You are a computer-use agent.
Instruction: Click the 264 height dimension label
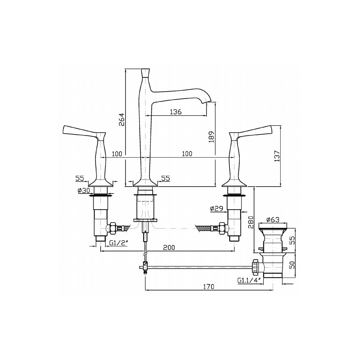[x=121, y=119]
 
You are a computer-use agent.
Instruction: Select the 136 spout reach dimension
[x=175, y=112]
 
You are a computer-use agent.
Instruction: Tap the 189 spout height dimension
[x=211, y=137]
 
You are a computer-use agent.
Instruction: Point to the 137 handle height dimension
[x=277, y=156]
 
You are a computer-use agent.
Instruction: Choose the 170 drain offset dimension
[x=208, y=286]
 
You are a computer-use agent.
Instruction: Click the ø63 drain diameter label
[x=273, y=220]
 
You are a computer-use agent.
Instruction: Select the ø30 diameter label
[x=84, y=190]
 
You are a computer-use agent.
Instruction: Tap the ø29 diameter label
[x=217, y=208]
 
